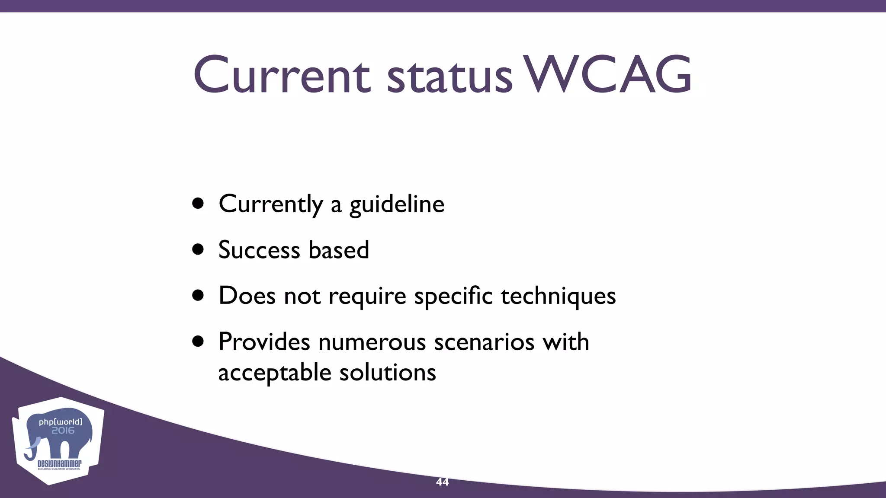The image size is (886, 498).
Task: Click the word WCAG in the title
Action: pyautogui.click(x=608, y=75)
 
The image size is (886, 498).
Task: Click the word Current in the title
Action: pyautogui.click(x=282, y=75)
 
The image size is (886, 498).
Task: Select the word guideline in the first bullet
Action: pyautogui.click(x=396, y=204)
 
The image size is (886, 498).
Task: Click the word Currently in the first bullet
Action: pyautogui.click(x=271, y=204)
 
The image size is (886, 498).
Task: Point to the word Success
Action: pyautogui.click(x=259, y=250)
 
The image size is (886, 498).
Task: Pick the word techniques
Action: pyautogui.click(x=558, y=297)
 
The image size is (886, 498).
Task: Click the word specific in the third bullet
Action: pyautogui.click(x=453, y=297)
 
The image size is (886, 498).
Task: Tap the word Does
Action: pyautogui.click(x=247, y=296)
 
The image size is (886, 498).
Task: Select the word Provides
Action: pyautogui.click(x=264, y=342)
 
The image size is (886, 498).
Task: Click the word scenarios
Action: pyautogui.click(x=484, y=342)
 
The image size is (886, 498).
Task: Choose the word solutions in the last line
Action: pyautogui.click(x=387, y=373)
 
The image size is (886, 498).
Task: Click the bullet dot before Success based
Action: pyautogui.click(x=198, y=249)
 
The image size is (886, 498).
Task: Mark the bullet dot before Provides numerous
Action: pyautogui.click(x=198, y=342)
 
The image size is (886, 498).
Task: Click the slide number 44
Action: pyautogui.click(x=442, y=482)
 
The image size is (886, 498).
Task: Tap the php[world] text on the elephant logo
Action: pyautogui.click(x=60, y=421)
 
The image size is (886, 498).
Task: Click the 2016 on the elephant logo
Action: pyautogui.click(x=63, y=431)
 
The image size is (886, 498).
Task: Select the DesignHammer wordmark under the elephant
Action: pyautogui.click(x=59, y=463)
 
